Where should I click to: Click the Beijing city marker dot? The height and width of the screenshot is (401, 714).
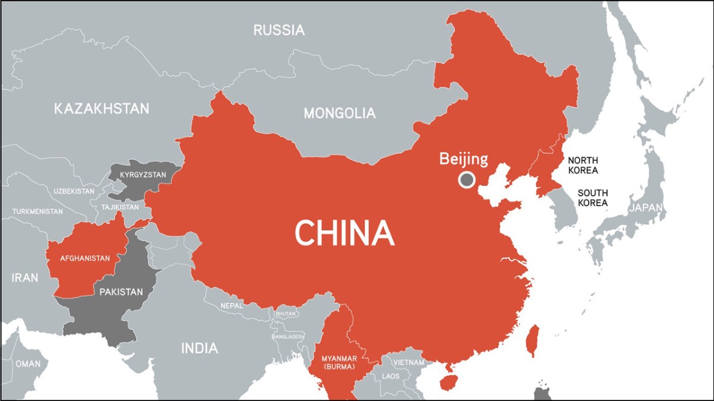tap(466, 179)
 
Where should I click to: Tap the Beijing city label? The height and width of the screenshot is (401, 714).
tap(464, 159)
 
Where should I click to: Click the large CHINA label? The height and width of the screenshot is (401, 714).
tap(345, 232)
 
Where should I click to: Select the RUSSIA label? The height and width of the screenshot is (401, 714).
tap(278, 30)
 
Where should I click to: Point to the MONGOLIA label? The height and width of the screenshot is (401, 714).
tap(340, 113)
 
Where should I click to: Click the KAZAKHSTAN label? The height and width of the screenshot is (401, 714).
tap(102, 109)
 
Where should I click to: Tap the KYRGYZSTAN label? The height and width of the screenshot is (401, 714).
tap(142, 176)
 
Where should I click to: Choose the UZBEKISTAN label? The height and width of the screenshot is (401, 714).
tap(74, 191)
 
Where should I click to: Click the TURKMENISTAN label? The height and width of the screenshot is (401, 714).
tap(37, 211)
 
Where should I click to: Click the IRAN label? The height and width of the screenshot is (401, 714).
tap(25, 277)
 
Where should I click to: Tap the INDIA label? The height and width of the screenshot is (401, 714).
tap(200, 348)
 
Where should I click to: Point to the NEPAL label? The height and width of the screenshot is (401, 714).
tap(232, 305)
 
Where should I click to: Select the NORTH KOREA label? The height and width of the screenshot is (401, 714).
tap(583, 165)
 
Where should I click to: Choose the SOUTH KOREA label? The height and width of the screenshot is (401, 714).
tap(592, 198)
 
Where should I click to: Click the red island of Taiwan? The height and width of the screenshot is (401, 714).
tap(533, 340)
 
